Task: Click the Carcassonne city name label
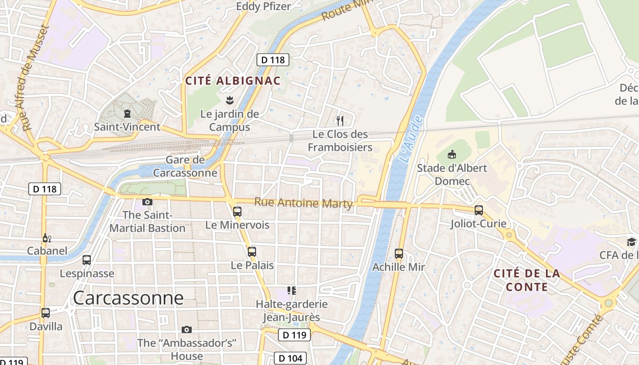(x=128, y=298)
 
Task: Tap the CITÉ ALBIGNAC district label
(x=232, y=81)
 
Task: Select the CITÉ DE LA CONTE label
(x=527, y=280)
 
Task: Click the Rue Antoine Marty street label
(x=304, y=203)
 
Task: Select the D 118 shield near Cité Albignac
(x=273, y=59)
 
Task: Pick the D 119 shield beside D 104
(x=294, y=335)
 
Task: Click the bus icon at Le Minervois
(x=237, y=211)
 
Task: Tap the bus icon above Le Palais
(x=251, y=251)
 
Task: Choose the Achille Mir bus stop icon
(x=399, y=253)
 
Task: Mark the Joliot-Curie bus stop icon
(x=478, y=210)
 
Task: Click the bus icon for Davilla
(x=46, y=313)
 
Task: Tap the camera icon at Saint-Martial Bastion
(x=147, y=202)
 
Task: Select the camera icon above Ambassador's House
(x=186, y=329)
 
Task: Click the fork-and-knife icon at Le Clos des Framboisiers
(x=340, y=120)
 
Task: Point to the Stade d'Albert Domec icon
(x=452, y=154)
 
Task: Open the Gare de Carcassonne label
(x=185, y=167)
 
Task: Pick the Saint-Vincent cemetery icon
(x=127, y=114)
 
